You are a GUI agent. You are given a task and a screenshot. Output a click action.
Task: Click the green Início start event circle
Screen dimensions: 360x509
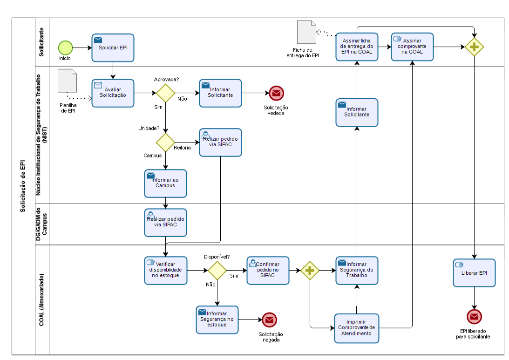point(66,48)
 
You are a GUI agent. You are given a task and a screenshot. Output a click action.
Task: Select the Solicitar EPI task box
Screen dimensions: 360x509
point(113,48)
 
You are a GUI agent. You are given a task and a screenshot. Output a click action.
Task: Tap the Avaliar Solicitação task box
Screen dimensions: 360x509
point(113,93)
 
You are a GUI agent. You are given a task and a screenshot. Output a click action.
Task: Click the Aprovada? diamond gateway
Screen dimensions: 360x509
point(165,93)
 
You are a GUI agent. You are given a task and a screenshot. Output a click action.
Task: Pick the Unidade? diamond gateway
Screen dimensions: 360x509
point(165,142)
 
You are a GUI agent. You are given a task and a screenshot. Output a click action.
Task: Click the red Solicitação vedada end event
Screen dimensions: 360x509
point(276,94)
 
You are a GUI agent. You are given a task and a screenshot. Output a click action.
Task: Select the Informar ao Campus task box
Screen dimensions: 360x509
point(165,183)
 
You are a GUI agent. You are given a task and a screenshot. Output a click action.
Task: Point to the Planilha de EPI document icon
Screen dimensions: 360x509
point(68,81)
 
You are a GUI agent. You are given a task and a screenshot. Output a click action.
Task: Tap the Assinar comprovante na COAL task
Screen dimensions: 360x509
point(413,47)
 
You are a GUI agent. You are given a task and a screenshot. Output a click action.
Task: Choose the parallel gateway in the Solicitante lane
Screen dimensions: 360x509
point(474,47)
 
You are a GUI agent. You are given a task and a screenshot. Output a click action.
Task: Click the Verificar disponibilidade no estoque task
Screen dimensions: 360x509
point(166,270)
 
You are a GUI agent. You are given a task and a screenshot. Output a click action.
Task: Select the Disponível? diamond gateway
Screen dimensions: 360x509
point(217,270)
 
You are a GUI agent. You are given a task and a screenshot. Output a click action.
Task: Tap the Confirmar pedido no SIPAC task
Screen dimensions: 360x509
point(268,270)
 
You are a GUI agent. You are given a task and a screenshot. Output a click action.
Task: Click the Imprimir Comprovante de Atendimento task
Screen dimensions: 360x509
point(357,328)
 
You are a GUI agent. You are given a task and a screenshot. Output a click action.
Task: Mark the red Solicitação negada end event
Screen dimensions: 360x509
point(269,319)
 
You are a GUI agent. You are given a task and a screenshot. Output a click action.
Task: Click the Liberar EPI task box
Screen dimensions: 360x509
point(474,273)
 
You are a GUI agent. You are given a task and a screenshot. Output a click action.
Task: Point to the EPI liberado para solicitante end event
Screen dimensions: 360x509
point(474,317)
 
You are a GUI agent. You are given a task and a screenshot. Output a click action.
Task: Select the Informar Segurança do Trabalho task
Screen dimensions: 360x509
point(357,270)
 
